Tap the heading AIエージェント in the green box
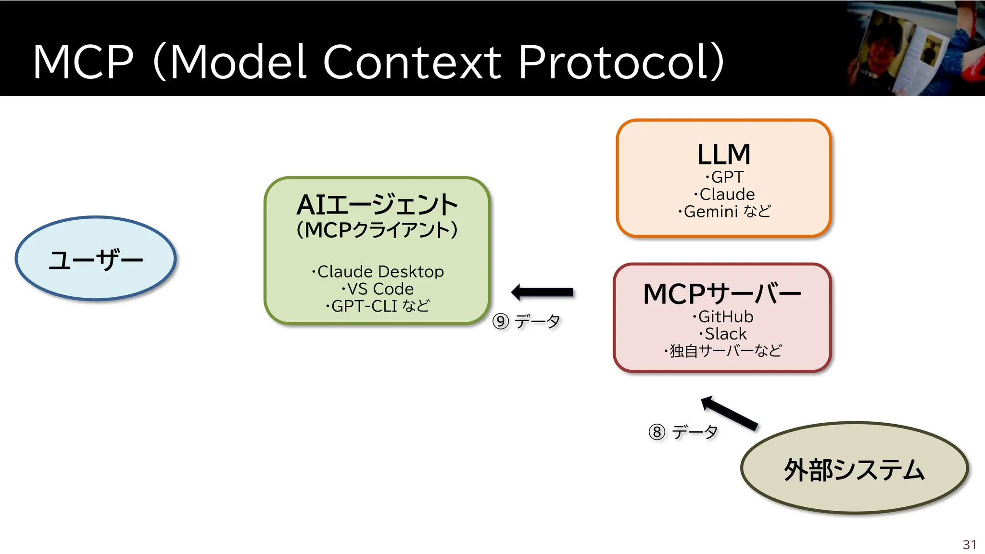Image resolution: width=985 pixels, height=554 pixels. [x=377, y=205]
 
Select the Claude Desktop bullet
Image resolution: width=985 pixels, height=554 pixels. [x=378, y=272]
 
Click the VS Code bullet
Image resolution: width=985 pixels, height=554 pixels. [x=378, y=289]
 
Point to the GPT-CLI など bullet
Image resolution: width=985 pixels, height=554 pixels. [x=378, y=306]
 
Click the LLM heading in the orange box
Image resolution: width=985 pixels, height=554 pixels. [x=724, y=155]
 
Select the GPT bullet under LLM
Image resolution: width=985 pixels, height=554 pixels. [x=725, y=177]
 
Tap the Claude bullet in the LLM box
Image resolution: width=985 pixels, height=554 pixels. [x=725, y=194]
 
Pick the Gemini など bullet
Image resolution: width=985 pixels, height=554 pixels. [x=725, y=212]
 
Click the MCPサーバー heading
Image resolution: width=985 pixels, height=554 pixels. [x=722, y=294]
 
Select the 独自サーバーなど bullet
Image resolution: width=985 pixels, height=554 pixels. [x=723, y=351]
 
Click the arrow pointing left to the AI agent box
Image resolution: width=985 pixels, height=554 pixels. [x=543, y=292]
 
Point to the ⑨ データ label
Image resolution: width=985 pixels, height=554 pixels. [x=527, y=321]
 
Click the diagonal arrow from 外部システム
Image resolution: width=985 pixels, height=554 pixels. [x=729, y=413]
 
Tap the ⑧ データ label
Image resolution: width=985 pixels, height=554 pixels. [x=683, y=432]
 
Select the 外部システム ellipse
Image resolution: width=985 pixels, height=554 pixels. [x=854, y=469]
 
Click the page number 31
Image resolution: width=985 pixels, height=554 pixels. [x=969, y=544]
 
